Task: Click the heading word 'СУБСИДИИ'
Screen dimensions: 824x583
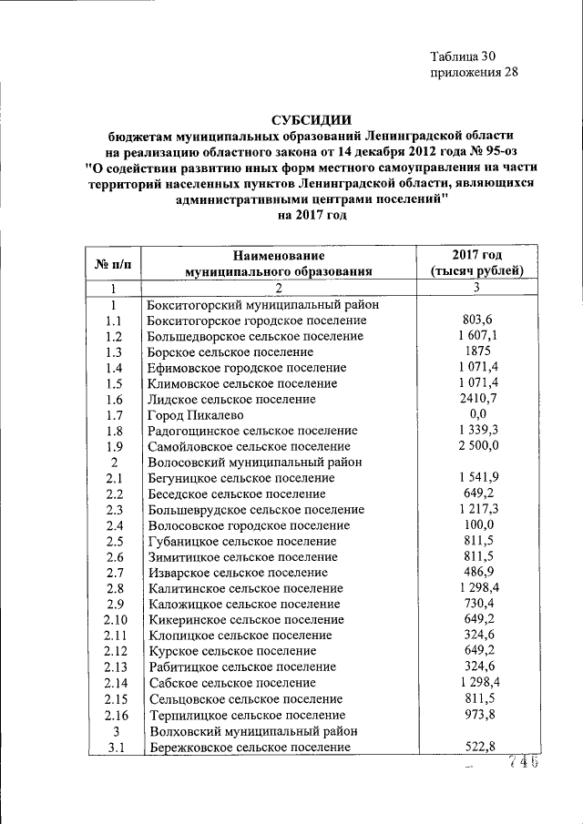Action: pos(309,118)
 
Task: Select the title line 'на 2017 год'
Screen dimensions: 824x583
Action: pos(310,215)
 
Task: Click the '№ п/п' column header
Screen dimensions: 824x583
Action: pos(113,263)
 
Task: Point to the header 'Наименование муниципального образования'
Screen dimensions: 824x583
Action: pos(279,263)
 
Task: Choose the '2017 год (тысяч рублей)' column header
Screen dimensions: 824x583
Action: pos(476,263)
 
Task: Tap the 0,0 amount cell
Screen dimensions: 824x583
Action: pos(477,414)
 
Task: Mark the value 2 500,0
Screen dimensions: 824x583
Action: pos(477,446)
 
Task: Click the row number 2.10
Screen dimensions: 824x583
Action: pos(114,619)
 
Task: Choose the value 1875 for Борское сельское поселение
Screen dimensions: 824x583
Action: pos(477,351)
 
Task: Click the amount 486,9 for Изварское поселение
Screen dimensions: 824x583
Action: pos(477,572)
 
